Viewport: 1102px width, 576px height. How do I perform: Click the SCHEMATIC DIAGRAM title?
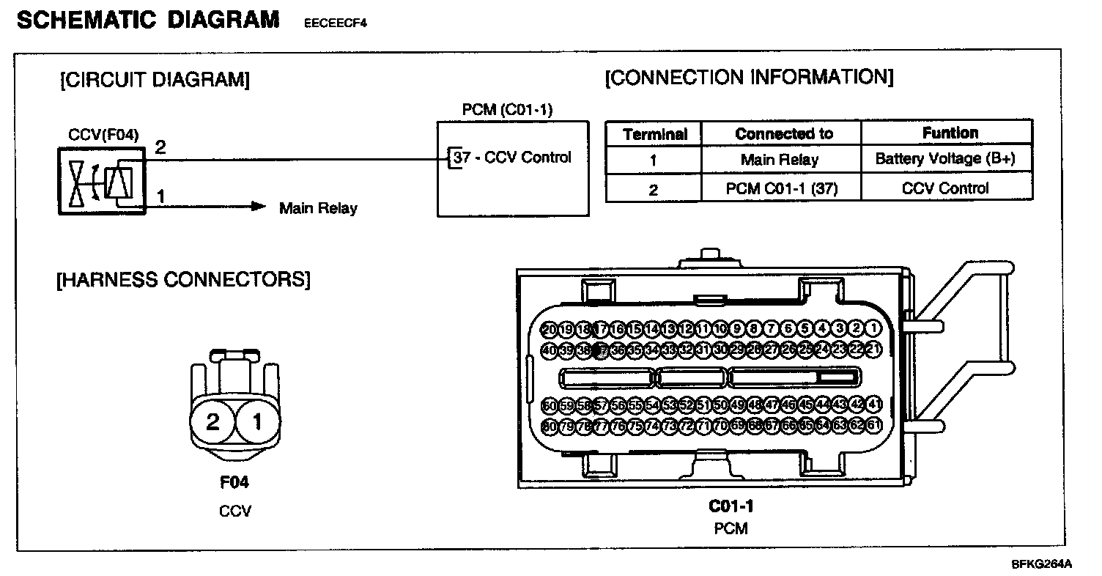coord(147,20)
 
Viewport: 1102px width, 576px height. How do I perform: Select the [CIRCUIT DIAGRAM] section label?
coord(155,80)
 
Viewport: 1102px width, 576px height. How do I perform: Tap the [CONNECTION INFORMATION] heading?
coord(749,78)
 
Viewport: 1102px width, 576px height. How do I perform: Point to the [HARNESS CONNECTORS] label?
coord(183,279)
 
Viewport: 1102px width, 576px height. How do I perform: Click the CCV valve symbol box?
coord(102,182)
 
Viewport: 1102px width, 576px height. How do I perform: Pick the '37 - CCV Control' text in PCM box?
coord(512,157)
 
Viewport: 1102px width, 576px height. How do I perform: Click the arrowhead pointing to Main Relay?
coord(257,207)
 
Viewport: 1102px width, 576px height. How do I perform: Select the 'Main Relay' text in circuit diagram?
coord(318,208)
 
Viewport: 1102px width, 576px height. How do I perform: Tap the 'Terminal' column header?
coord(654,134)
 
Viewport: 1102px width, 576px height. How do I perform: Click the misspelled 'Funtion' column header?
coord(950,133)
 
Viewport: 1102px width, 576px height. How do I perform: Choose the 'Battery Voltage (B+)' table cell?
coord(945,159)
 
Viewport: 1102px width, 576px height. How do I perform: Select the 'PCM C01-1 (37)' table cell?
coord(781,188)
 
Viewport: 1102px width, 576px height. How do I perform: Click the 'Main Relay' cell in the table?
coord(779,160)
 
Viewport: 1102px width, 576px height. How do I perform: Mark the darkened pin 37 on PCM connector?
coord(601,350)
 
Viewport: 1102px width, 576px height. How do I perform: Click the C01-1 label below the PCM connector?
coord(731,506)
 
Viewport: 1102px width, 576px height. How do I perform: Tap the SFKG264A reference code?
coord(1042,564)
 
